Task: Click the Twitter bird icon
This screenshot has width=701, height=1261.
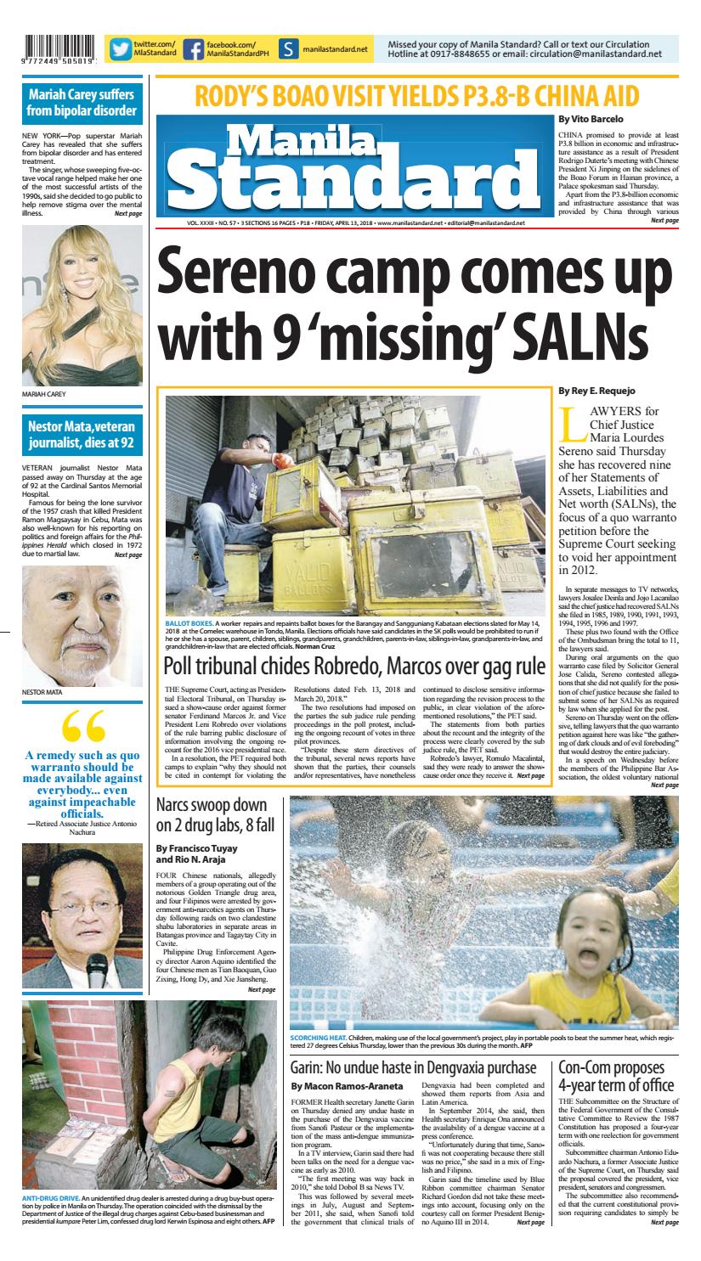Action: (120, 50)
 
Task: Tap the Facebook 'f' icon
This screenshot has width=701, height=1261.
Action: (194, 50)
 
